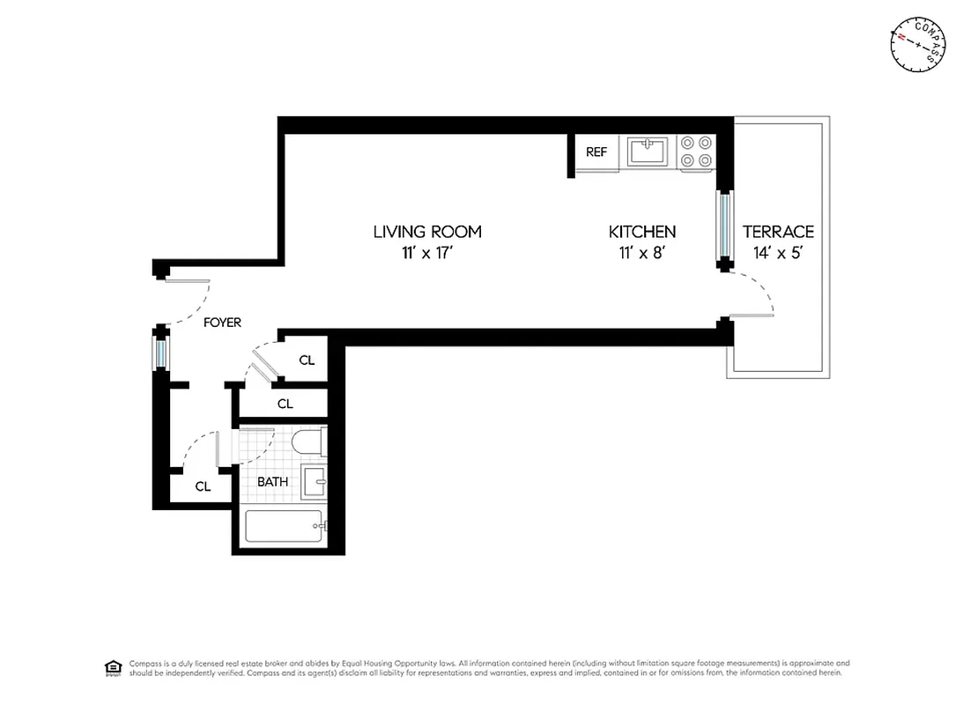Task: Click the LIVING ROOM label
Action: click(427, 232)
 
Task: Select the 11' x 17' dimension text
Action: click(427, 254)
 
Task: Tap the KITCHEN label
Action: click(642, 232)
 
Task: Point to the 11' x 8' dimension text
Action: click(642, 254)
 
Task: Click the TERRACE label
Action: click(778, 232)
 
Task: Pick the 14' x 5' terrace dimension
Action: click(778, 254)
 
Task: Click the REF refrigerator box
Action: click(596, 152)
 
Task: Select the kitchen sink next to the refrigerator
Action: click(648, 152)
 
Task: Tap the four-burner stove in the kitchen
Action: click(696, 152)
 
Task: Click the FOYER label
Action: click(222, 323)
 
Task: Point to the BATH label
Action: click(272, 482)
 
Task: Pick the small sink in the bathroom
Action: click(315, 482)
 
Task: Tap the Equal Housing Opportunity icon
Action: click(113, 667)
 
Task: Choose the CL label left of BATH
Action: click(203, 486)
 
